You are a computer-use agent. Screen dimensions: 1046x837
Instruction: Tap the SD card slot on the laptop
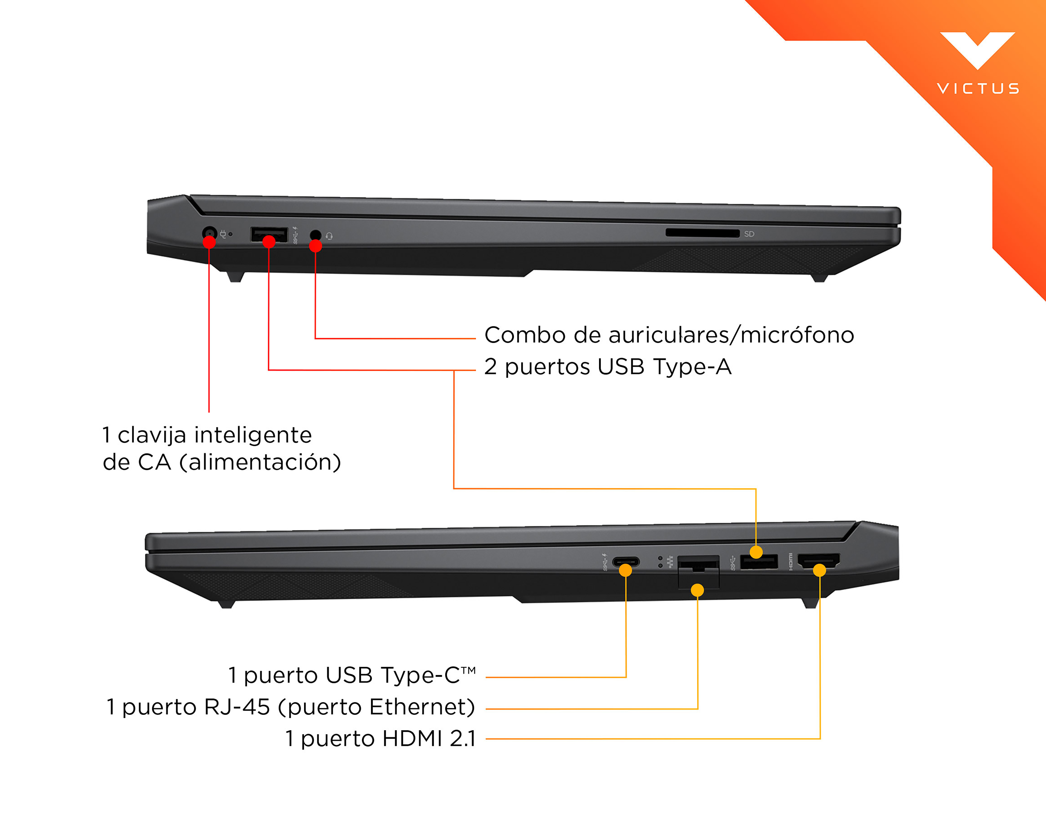[x=702, y=233]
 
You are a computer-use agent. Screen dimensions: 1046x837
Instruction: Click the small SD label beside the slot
[x=749, y=234]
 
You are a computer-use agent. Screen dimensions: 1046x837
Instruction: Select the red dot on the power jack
[x=209, y=242]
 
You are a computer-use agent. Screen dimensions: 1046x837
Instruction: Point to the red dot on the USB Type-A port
[x=269, y=241]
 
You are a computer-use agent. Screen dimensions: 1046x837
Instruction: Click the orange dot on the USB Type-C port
[x=626, y=570]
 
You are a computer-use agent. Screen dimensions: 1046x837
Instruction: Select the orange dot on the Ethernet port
[x=697, y=590]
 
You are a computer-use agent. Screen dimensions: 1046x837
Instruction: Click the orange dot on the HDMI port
[x=819, y=570]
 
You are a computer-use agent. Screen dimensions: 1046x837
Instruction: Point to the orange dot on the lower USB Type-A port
[x=756, y=552]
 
